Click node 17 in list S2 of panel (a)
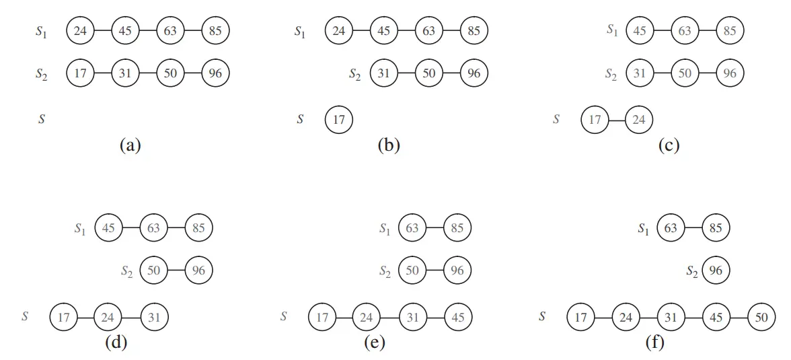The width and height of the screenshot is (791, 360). [x=80, y=73]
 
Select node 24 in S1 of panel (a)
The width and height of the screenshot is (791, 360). [x=80, y=30]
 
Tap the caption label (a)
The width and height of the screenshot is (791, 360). [x=129, y=145]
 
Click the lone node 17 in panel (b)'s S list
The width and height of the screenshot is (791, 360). [x=339, y=120]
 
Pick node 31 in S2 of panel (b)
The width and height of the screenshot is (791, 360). [x=383, y=73]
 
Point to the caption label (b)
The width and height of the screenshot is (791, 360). [x=388, y=145]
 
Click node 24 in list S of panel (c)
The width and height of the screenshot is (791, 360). [x=639, y=120]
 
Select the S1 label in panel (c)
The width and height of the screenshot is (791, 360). [x=611, y=30]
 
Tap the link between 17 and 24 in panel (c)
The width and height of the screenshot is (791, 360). [x=617, y=120]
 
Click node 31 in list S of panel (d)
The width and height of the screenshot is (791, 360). [x=154, y=316]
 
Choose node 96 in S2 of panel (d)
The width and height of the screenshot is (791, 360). [x=199, y=271]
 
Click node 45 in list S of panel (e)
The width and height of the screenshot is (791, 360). [x=457, y=316]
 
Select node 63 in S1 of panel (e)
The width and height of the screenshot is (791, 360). [x=412, y=228]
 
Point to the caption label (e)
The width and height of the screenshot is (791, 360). [x=374, y=343]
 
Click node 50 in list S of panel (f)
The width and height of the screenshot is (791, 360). [x=761, y=316]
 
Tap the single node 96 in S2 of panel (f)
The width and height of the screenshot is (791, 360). [x=716, y=271]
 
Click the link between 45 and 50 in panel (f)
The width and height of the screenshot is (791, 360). [x=739, y=316]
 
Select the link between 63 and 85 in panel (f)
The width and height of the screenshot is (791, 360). [x=693, y=228]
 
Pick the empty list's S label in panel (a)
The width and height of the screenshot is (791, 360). [x=41, y=120]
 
